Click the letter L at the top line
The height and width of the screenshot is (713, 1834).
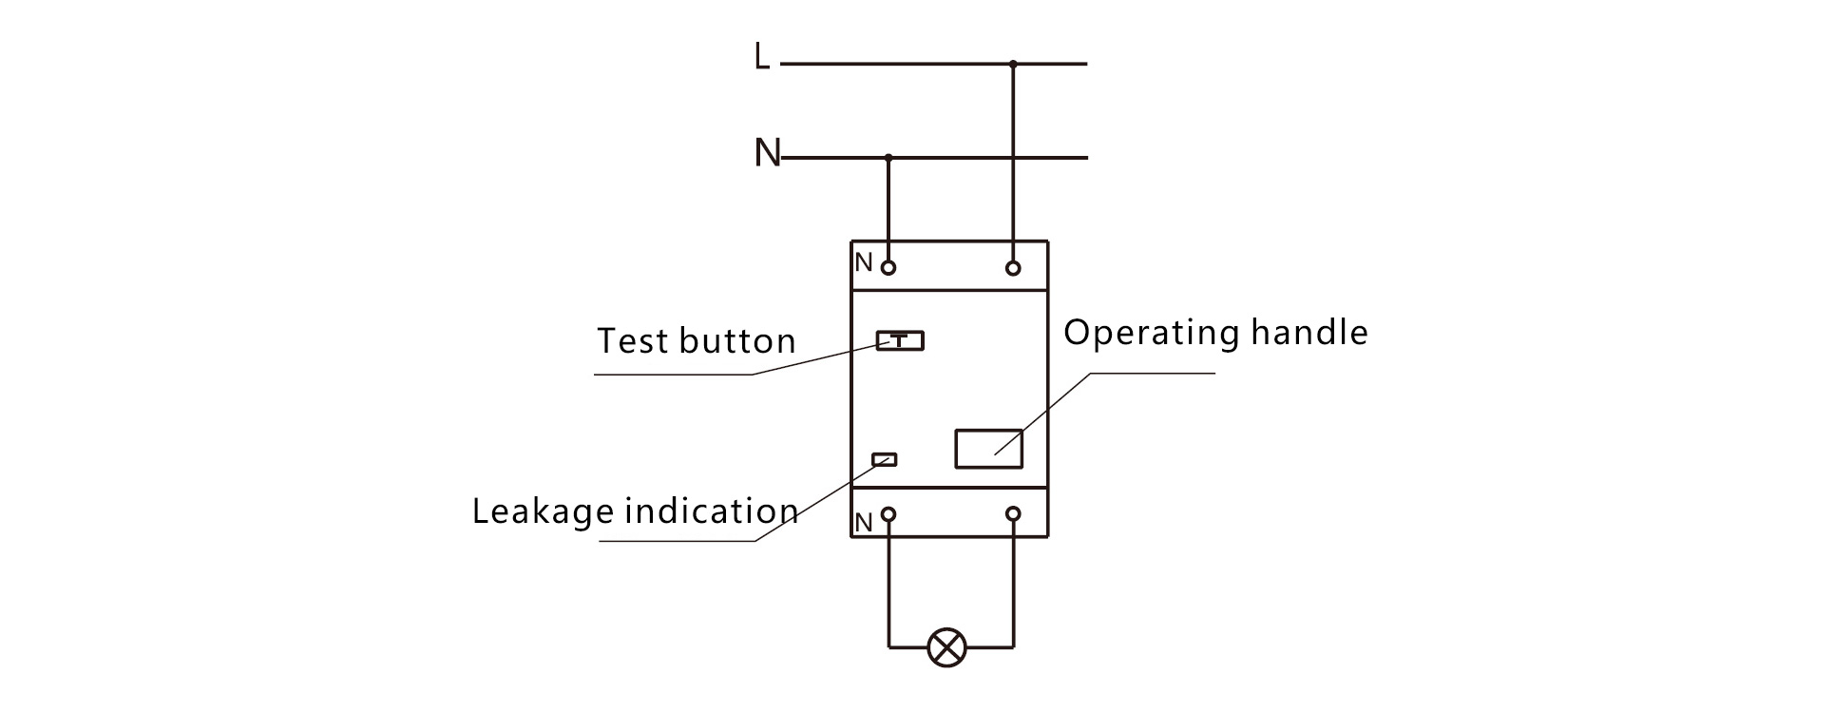click(761, 57)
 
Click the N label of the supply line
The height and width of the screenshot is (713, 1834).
click(767, 153)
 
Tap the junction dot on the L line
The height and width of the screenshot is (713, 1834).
click(1013, 64)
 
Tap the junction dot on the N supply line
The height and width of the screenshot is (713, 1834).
click(888, 157)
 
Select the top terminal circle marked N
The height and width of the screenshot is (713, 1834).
click(888, 268)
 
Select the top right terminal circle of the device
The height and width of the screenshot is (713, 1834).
click(1013, 268)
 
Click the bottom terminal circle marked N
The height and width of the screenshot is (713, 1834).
click(888, 514)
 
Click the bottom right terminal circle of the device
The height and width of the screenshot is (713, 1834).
click(1013, 514)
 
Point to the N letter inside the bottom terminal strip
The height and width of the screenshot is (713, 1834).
click(863, 523)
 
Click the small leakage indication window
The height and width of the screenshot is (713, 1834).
click(885, 460)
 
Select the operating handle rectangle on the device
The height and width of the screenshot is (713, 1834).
click(988, 449)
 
